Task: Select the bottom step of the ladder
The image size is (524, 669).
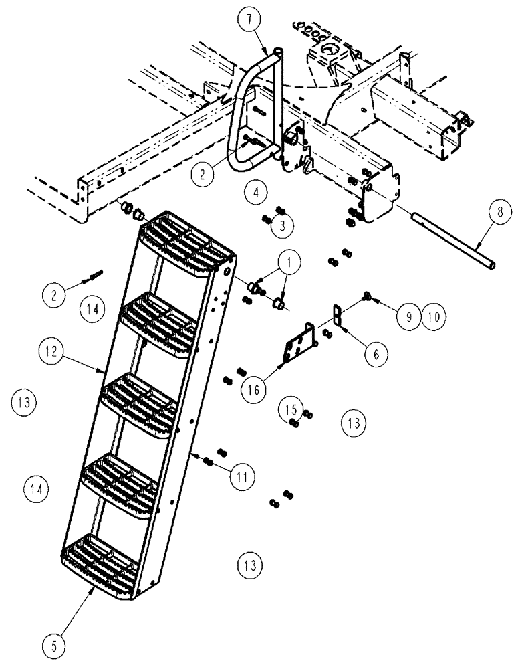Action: pyautogui.click(x=107, y=559)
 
